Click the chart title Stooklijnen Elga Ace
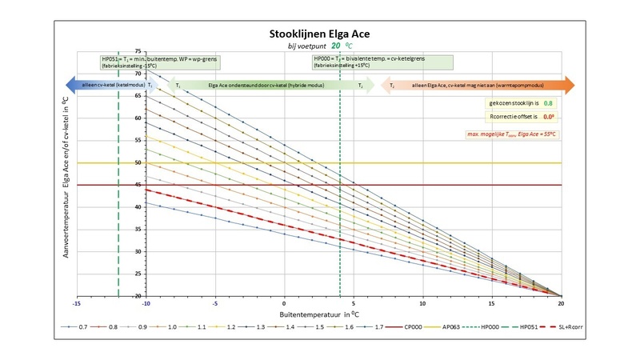[319, 34]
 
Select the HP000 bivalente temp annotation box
[382, 62]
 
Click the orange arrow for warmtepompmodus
[480, 84]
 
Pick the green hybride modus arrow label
[264, 84]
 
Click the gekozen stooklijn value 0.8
[547, 103]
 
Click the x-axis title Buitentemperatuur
[318, 316]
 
